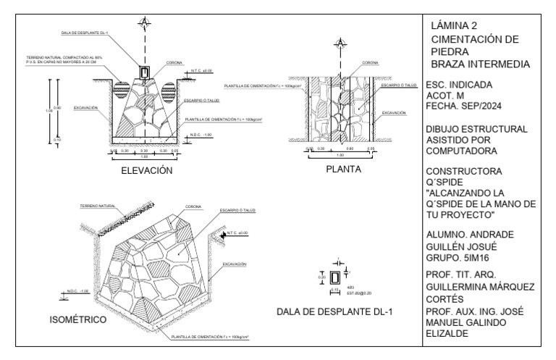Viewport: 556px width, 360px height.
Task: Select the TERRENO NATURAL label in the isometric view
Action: click(x=98, y=206)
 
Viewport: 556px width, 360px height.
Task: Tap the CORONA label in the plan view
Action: click(x=370, y=62)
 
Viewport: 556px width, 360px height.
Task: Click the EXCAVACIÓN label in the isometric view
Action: click(x=235, y=264)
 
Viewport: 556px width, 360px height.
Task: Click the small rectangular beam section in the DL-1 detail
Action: click(x=334, y=277)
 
